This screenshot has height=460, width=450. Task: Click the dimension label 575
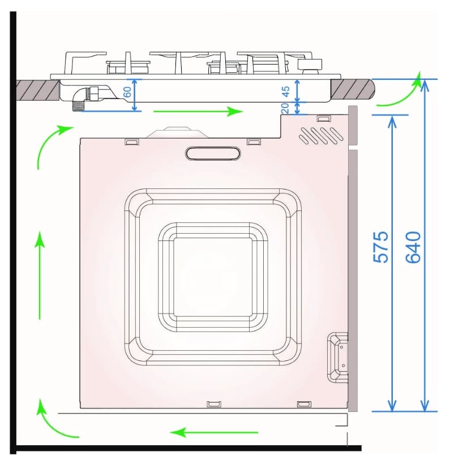pyautogui.click(x=381, y=247)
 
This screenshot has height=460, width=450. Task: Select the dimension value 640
pyautogui.click(x=413, y=247)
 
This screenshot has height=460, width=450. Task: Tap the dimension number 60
pyautogui.click(x=127, y=92)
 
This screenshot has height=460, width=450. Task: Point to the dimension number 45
pyautogui.click(x=286, y=91)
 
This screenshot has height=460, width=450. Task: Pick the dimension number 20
pyautogui.click(x=285, y=108)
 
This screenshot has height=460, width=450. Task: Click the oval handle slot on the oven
pyautogui.click(x=213, y=153)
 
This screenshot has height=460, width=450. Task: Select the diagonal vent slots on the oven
pyautogui.click(x=321, y=136)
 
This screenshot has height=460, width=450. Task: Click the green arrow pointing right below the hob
pyautogui.click(x=199, y=111)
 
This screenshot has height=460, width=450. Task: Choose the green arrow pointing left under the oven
pyautogui.click(x=214, y=432)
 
